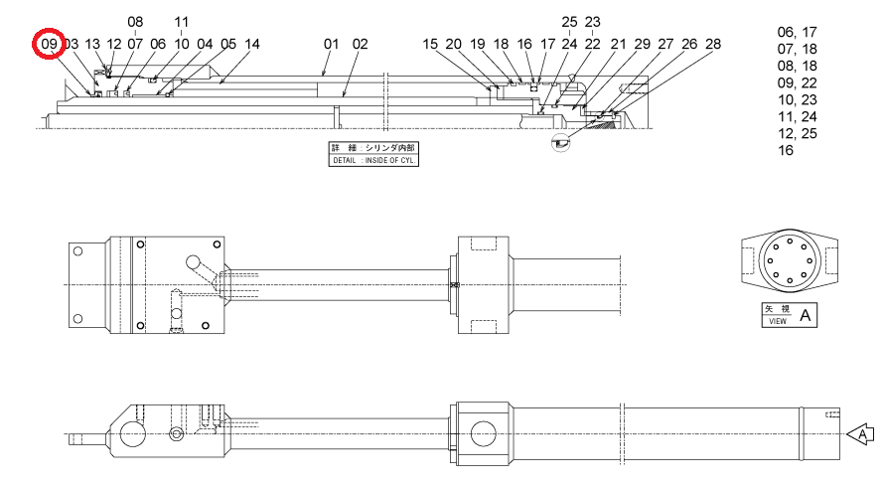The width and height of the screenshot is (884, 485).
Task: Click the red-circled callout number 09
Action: (49, 44)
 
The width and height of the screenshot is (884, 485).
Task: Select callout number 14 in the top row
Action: (252, 44)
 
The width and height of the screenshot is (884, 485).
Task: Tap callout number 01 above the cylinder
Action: (332, 44)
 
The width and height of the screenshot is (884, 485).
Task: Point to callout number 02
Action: (361, 44)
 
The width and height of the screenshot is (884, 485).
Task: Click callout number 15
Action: (430, 44)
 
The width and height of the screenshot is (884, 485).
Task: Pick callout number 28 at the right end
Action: (713, 44)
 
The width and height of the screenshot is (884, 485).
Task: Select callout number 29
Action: (642, 44)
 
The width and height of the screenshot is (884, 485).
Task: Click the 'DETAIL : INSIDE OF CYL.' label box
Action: (373, 154)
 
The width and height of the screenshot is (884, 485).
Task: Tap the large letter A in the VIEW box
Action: (806, 315)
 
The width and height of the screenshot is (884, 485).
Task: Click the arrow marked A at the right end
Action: (860, 434)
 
